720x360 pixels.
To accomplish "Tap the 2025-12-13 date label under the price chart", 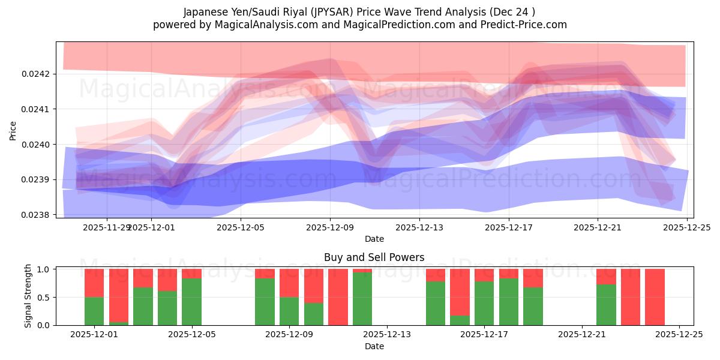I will point(419,227).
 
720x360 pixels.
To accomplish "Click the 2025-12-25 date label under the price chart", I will point(687,227).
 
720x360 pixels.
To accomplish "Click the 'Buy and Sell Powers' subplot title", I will point(374,257).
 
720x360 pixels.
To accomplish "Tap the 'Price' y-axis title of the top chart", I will point(13,130).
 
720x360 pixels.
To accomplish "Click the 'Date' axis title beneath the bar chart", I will point(374,346).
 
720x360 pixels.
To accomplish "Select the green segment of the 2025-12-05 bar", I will point(191,302).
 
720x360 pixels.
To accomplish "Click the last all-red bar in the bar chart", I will point(655,297).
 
